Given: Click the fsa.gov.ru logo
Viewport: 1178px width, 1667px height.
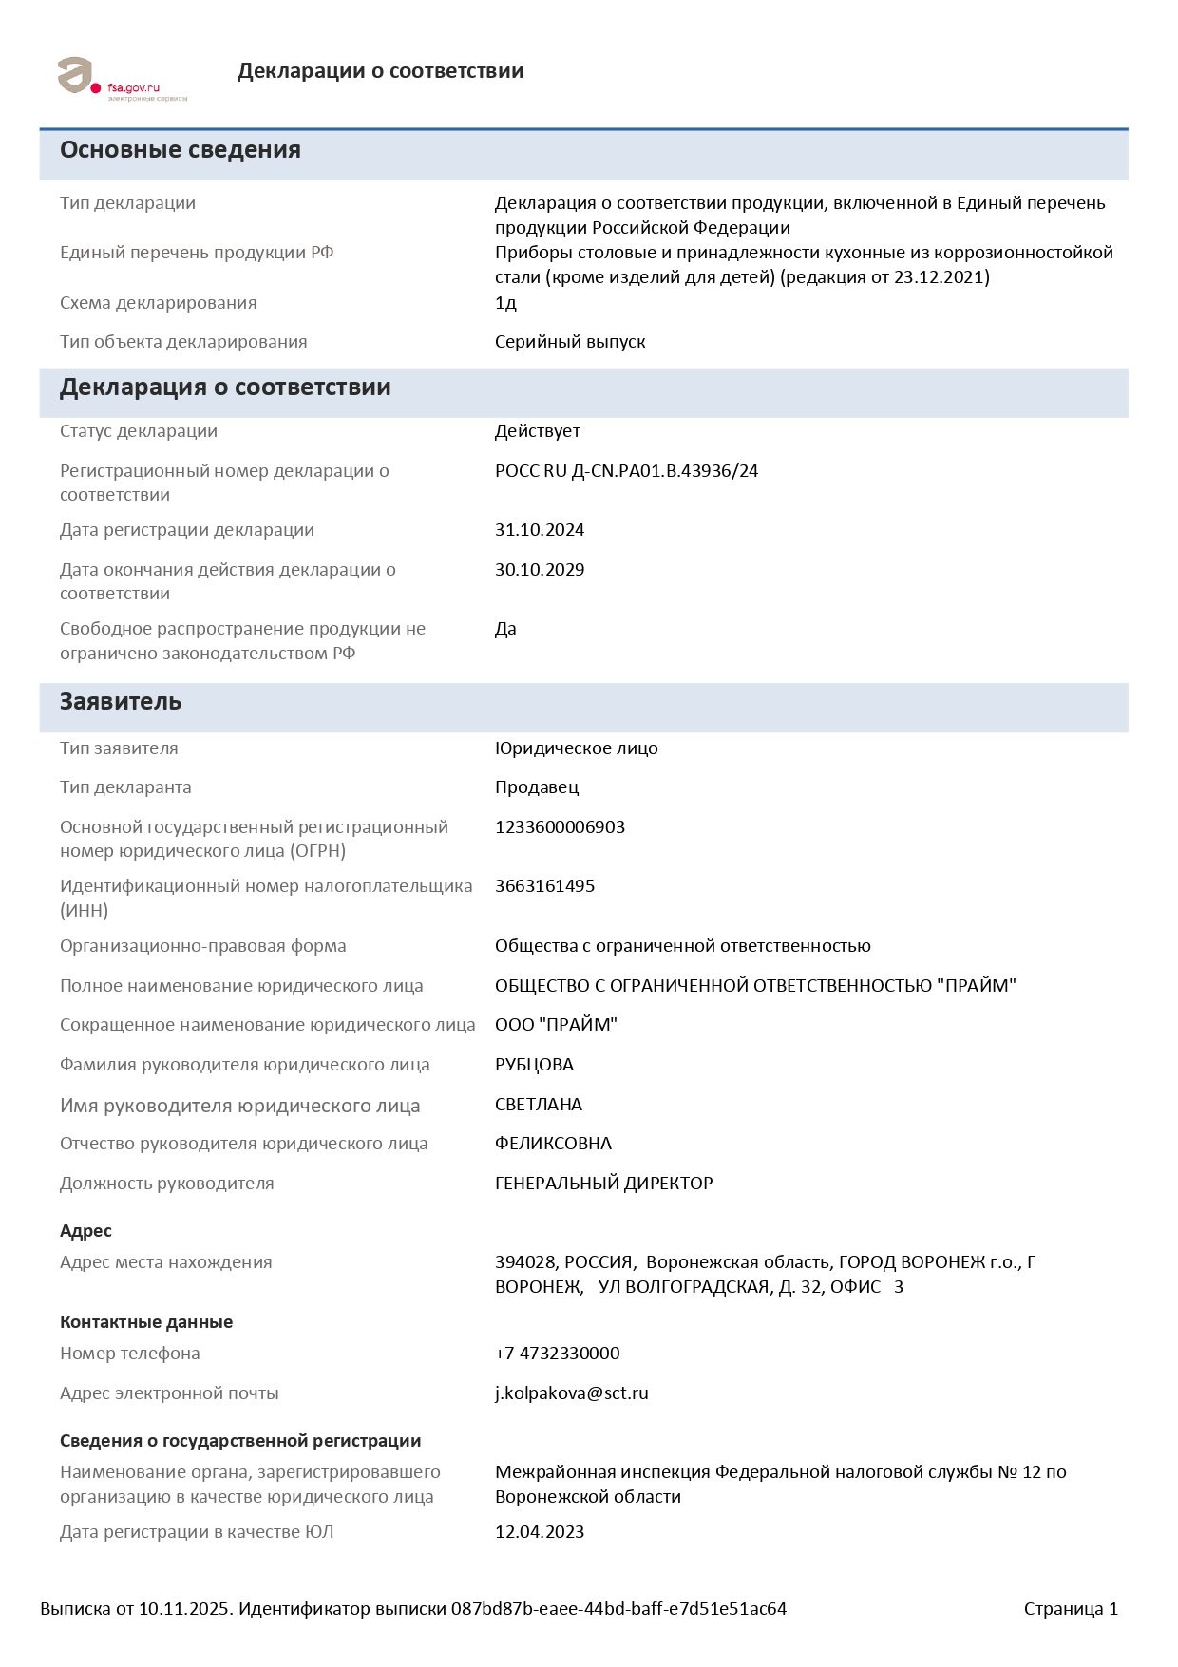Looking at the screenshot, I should coord(122,79).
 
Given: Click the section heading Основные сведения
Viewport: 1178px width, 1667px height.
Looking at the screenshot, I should coord(180,150).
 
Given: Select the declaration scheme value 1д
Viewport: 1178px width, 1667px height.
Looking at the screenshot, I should coord(505,303).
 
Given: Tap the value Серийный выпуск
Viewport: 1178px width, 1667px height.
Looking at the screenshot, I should coord(570,342).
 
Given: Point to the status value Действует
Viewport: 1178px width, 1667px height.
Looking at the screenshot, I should coord(538,431).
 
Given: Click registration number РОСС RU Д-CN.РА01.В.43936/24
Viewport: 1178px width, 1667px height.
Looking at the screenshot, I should coord(626,471).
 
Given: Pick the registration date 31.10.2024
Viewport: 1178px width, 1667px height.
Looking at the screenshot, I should coord(540,530).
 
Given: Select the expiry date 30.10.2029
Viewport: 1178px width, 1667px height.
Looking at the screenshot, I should coord(540,570).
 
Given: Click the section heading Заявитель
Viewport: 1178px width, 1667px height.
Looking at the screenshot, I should coord(121,702).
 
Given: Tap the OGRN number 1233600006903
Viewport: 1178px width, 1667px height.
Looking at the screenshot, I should coord(560,827).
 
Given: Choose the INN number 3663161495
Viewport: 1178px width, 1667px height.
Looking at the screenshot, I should coord(544,886).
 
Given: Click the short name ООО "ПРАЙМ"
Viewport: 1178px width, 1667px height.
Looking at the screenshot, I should coord(556,1025).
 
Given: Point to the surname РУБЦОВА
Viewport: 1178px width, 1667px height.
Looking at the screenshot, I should coord(534,1065).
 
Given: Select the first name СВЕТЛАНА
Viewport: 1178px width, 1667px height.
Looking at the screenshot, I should coord(539,1105).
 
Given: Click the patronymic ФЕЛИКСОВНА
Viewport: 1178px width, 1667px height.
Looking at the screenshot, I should coord(553,1144).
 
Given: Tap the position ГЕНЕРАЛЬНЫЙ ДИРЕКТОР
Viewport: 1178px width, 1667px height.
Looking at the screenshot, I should coord(603,1184).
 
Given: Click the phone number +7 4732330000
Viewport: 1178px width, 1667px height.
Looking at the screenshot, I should coord(557,1354).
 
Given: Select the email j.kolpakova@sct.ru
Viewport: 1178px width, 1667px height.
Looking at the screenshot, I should coord(571,1393).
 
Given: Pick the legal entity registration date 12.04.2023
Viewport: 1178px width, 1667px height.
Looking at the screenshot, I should coord(540,1532).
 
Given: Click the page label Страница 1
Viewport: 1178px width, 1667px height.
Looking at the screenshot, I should coord(1071,1609).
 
